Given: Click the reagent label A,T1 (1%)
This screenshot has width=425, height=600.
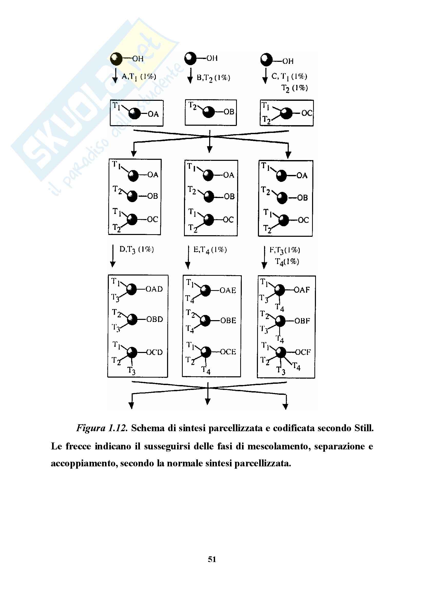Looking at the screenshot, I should [x=139, y=76].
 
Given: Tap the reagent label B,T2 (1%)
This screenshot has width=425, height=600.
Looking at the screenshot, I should [x=213, y=78].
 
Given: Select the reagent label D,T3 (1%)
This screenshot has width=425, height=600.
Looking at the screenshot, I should [x=137, y=250].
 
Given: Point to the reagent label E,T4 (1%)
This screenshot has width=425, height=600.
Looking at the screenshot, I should [x=210, y=250].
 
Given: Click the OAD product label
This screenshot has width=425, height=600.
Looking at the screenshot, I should [x=154, y=289].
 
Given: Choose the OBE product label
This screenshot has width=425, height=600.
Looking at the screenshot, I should [x=228, y=320].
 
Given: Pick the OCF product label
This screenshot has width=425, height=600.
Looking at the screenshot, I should [x=303, y=352].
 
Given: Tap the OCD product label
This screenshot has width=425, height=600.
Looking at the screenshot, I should [x=154, y=352].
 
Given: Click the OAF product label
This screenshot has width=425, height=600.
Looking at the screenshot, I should [x=302, y=290].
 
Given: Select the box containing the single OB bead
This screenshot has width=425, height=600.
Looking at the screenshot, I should [x=211, y=113].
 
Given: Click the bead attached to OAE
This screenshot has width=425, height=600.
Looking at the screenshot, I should [x=205, y=291].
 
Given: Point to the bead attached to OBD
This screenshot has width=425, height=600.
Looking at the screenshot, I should [x=132, y=319].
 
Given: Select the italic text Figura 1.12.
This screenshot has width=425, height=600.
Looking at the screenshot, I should [x=102, y=428].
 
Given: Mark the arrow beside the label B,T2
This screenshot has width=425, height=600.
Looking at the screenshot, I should [x=190, y=76].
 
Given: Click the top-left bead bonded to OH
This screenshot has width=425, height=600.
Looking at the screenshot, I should [x=117, y=59].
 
